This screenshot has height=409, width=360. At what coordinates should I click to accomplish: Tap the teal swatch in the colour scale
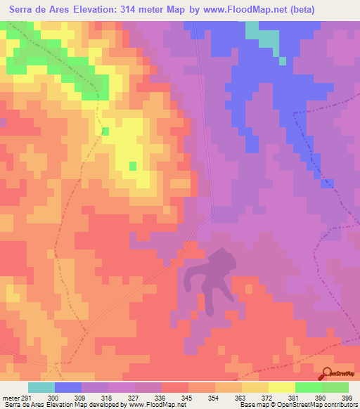[x=41, y=387]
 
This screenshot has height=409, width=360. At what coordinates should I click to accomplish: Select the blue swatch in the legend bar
[x=68, y=387]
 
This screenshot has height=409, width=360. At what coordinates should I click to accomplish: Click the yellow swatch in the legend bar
[x=281, y=387]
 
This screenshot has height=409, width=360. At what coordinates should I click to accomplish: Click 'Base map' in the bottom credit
[x=252, y=405]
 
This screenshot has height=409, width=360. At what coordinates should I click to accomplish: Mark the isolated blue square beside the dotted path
[x=327, y=183]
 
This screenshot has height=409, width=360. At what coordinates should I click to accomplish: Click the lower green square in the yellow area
[x=132, y=166]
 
